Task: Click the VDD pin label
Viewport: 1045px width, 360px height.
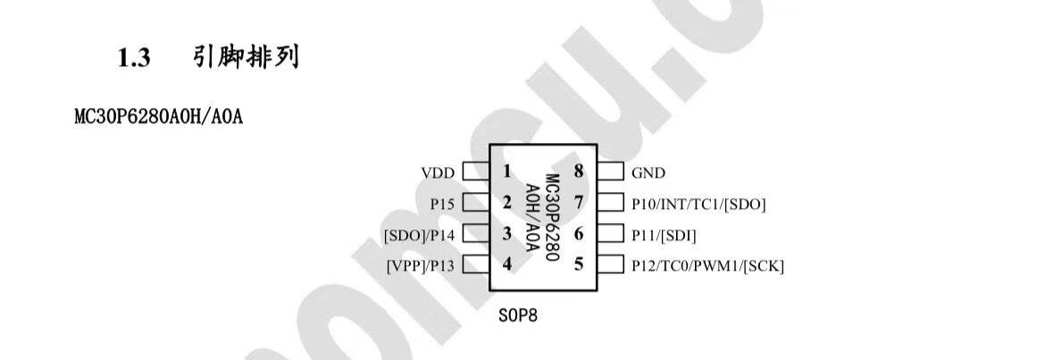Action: [x=437, y=173]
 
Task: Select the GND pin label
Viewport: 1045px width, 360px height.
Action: [x=648, y=173]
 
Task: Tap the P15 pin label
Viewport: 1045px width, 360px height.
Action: [x=442, y=204]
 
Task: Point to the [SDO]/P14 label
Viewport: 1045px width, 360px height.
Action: [x=419, y=235]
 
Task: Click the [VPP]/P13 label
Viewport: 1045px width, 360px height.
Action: [x=421, y=266]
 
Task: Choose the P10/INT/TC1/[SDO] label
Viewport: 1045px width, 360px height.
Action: [x=698, y=204]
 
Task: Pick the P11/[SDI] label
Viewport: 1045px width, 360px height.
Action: [x=664, y=235]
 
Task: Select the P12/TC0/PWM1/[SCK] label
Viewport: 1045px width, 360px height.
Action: [x=707, y=266]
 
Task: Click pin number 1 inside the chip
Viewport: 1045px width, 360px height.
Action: [x=507, y=172]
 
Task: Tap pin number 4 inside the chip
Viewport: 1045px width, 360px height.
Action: [x=507, y=264]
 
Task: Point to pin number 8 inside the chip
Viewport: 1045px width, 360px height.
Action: [x=579, y=172]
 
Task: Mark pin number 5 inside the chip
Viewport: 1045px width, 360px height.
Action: [x=579, y=264]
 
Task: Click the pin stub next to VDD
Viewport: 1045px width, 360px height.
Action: [x=477, y=172]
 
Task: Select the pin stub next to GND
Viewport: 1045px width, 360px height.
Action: [x=610, y=172]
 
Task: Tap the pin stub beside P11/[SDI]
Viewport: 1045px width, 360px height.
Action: [x=610, y=234]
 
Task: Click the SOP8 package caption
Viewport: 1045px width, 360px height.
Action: [x=518, y=314]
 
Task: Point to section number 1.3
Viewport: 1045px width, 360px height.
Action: [x=134, y=59]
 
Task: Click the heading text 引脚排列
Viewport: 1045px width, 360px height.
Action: [x=246, y=57]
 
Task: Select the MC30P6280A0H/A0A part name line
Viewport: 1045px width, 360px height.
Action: [x=159, y=117]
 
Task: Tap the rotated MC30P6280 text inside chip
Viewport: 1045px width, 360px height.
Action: [x=552, y=218]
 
